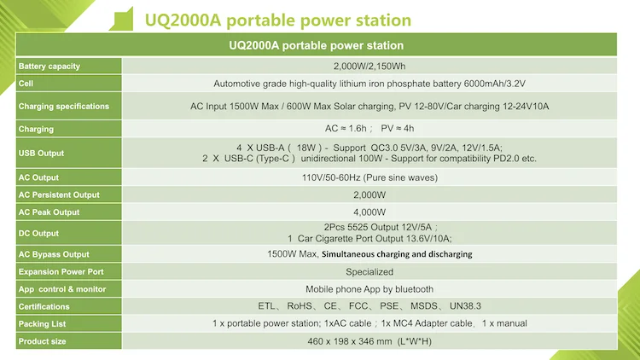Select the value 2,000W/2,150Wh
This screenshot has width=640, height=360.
click(369, 67)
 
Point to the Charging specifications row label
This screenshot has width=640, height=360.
click(64, 107)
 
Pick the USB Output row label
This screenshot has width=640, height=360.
click(41, 154)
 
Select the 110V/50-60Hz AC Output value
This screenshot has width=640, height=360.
click(369, 177)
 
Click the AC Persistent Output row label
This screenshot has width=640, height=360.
click(59, 195)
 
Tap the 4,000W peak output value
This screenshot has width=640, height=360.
click(369, 212)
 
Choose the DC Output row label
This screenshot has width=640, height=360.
click(38, 233)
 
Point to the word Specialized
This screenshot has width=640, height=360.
click(369, 271)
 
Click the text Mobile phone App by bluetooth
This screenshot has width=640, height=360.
click(369, 289)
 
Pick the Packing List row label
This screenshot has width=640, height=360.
click(42, 324)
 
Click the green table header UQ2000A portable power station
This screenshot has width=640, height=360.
click(317, 45)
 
